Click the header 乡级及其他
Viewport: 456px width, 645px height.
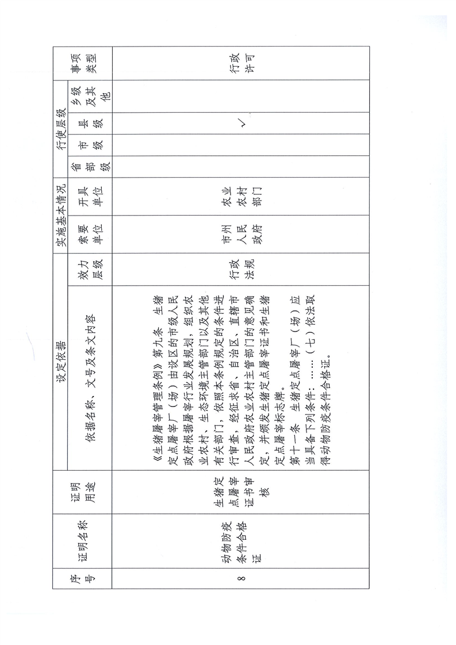tap(89, 96)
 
